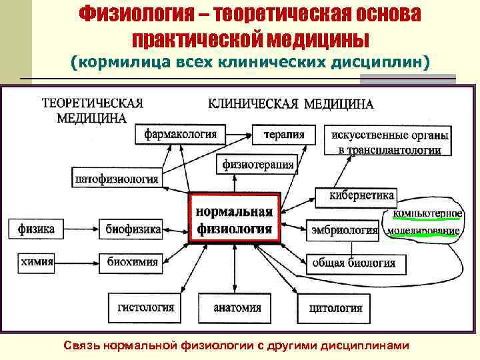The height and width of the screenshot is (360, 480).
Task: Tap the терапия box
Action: tap(283, 134)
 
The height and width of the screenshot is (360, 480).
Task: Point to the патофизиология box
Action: tap(117, 178)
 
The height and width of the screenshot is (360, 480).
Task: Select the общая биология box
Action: tap(353, 262)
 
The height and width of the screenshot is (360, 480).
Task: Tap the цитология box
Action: tap(335, 308)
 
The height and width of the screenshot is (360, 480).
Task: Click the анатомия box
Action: tap(237, 308)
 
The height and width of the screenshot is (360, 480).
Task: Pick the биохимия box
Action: tap(133, 261)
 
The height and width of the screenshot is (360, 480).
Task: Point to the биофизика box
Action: tap(133, 229)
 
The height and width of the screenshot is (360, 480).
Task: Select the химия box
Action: tap(37, 261)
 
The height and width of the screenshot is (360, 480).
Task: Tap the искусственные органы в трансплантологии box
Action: tap(389, 141)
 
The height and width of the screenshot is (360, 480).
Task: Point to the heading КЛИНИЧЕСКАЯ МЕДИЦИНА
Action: tap(291, 104)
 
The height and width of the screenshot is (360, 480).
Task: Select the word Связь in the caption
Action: tap(85, 345)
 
